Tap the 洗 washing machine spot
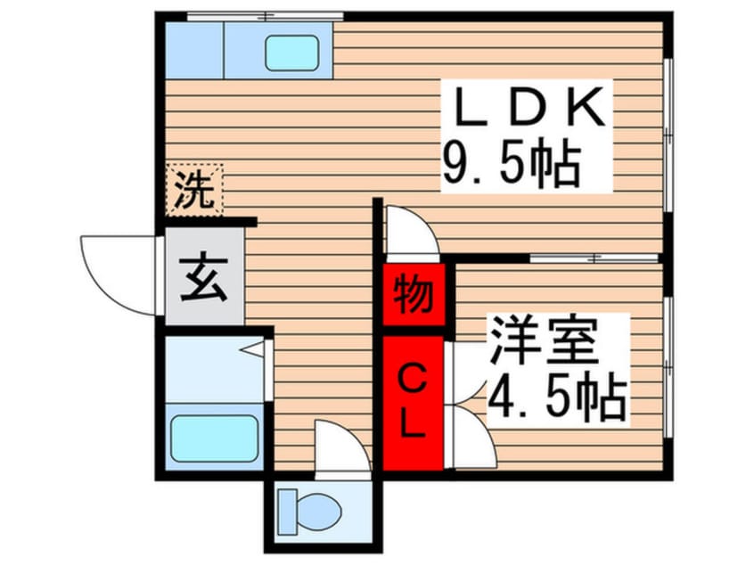tap(194, 190)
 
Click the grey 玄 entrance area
tap(204, 278)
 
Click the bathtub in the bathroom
tap(215, 438)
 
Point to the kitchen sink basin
tap(291, 53)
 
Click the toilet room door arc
tap(341, 446)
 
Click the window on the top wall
tap(265, 15)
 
